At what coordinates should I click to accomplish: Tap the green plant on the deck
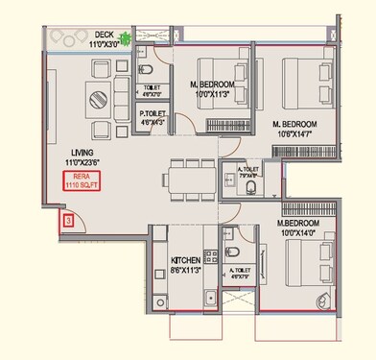pyautogui.click(x=123, y=40)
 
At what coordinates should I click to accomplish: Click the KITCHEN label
pyautogui.click(x=186, y=260)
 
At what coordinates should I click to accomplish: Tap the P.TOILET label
pyautogui.click(x=153, y=113)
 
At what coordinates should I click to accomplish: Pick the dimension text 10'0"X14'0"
pyautogui.click(x=298, y=231)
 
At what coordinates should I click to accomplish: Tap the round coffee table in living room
pyautogui.click(x=99, y=96)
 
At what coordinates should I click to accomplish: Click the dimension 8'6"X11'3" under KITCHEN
pyautogui.click(x=186, y=270)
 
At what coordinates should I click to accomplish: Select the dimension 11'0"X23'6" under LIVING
pyautogui.click(x=83, y=163)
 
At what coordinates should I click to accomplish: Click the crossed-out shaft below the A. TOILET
pyautogui.click(x=236, y=304)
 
